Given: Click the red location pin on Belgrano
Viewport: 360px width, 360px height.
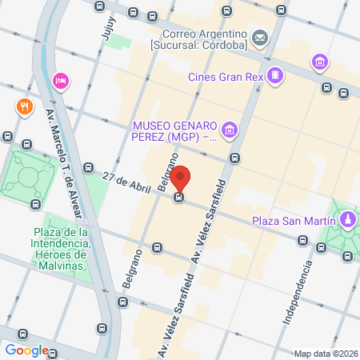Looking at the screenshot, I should [x=182, y=178].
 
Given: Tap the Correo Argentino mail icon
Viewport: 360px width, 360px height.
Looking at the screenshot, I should [x=259, y=38].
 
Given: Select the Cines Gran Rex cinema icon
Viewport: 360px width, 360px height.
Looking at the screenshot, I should [x=275, y=76].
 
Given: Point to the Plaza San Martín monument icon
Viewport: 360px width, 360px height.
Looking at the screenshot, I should [x=348, y=219].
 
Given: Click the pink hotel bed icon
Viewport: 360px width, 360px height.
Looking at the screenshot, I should [x=59, y=81].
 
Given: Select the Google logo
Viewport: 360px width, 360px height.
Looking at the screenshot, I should [x=26, y=350].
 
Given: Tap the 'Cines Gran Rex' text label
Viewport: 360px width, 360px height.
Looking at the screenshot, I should [x=226, y=77].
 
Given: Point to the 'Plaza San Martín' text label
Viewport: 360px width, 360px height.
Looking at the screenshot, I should [x=290, y=220].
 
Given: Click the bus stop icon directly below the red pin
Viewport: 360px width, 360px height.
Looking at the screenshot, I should [x=182, y=198].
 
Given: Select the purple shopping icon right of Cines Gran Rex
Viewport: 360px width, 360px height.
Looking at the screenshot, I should [x=320, y=62].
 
